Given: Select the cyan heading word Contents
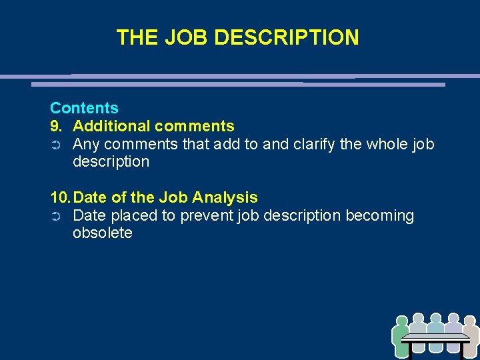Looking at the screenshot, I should (84, 108).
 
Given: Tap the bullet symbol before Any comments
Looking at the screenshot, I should (56, 145).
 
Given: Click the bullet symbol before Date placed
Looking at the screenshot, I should (56, 216).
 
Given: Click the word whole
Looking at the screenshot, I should (387, 144).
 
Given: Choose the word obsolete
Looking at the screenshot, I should (103, 233).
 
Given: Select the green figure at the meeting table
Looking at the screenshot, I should (401, 337).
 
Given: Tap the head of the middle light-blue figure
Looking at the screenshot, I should (436, 318).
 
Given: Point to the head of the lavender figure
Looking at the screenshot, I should (453, 318).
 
